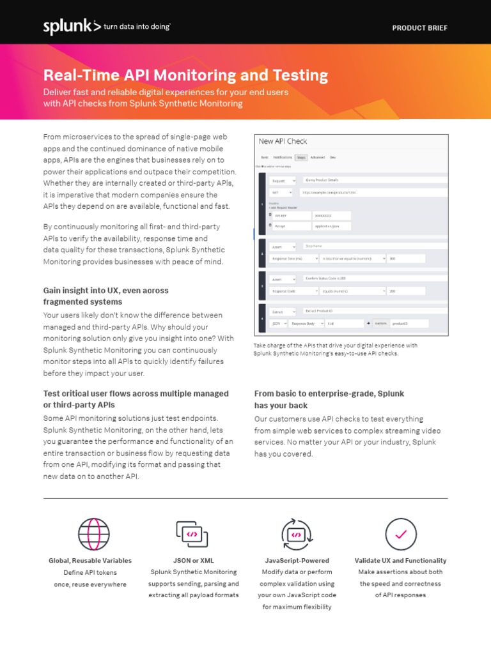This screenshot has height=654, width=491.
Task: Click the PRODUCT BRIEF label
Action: [x=419, y=28]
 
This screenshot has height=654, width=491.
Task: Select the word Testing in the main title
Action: [x=300, y=75]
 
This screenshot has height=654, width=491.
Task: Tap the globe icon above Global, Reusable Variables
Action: [x=94, y=534]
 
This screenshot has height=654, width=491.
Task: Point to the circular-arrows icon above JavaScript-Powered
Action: [x=297, y=534]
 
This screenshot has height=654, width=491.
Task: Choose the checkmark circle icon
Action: [x=401, y=534]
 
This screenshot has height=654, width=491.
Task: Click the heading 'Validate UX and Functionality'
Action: [x=401, y=561]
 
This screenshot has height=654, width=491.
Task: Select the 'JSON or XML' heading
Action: [x=194, y=561]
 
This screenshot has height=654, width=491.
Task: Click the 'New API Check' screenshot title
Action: [x=282, y=141]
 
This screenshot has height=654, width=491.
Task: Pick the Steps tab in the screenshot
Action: [x=302, y=157]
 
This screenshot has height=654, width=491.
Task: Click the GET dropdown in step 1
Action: [x=281, y=192]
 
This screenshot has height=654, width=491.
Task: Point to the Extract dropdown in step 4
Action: [x=282, y=311]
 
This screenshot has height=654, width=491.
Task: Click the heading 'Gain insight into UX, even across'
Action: [x=105, y=291]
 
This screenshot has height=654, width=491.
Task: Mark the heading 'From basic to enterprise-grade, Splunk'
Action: [x=329, y=394]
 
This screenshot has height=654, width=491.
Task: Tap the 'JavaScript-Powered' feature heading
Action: [x=297, y=561]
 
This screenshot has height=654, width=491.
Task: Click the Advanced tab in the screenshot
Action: [x=318, y=157]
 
